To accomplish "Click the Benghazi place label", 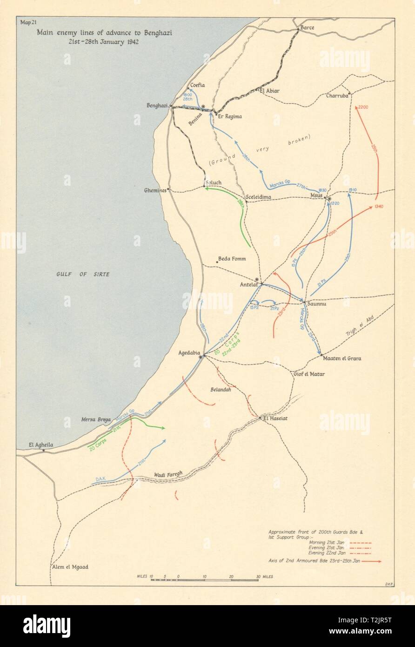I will [156, 106].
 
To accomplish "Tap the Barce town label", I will [307, 28].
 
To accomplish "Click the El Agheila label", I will [41, 445].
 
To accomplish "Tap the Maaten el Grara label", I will [341, 358].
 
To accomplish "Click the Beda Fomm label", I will [232, 259].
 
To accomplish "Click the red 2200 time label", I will [363, 107].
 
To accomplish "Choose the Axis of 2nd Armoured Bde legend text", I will [315, 561].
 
